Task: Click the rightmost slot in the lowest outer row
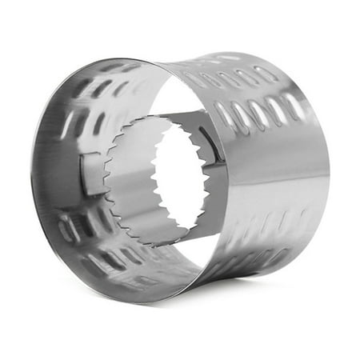[279, 256]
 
